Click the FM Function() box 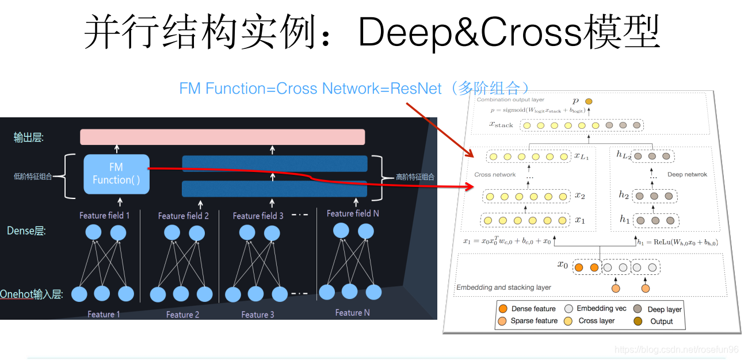click(x=116, y=174)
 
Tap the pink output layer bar click(x=222, y=137)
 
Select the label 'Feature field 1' click(x=105, y=216)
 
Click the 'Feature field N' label click(x=353, y=213)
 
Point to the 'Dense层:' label click(x=26, y=231)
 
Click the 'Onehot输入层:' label click(x=31, y=294)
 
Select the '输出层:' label click(x=29, y=137)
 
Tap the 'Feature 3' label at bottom click(x=257, y=315)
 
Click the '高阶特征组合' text click(x=415, y=177)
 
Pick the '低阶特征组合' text click(x=33, y=177)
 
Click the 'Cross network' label click(x=495, y=174)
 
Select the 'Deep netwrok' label click(x=687, y=174)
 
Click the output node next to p click(x=588, y=102)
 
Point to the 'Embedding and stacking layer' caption click(x=503, y=287)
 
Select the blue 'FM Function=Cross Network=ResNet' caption click(x=311, y=89)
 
